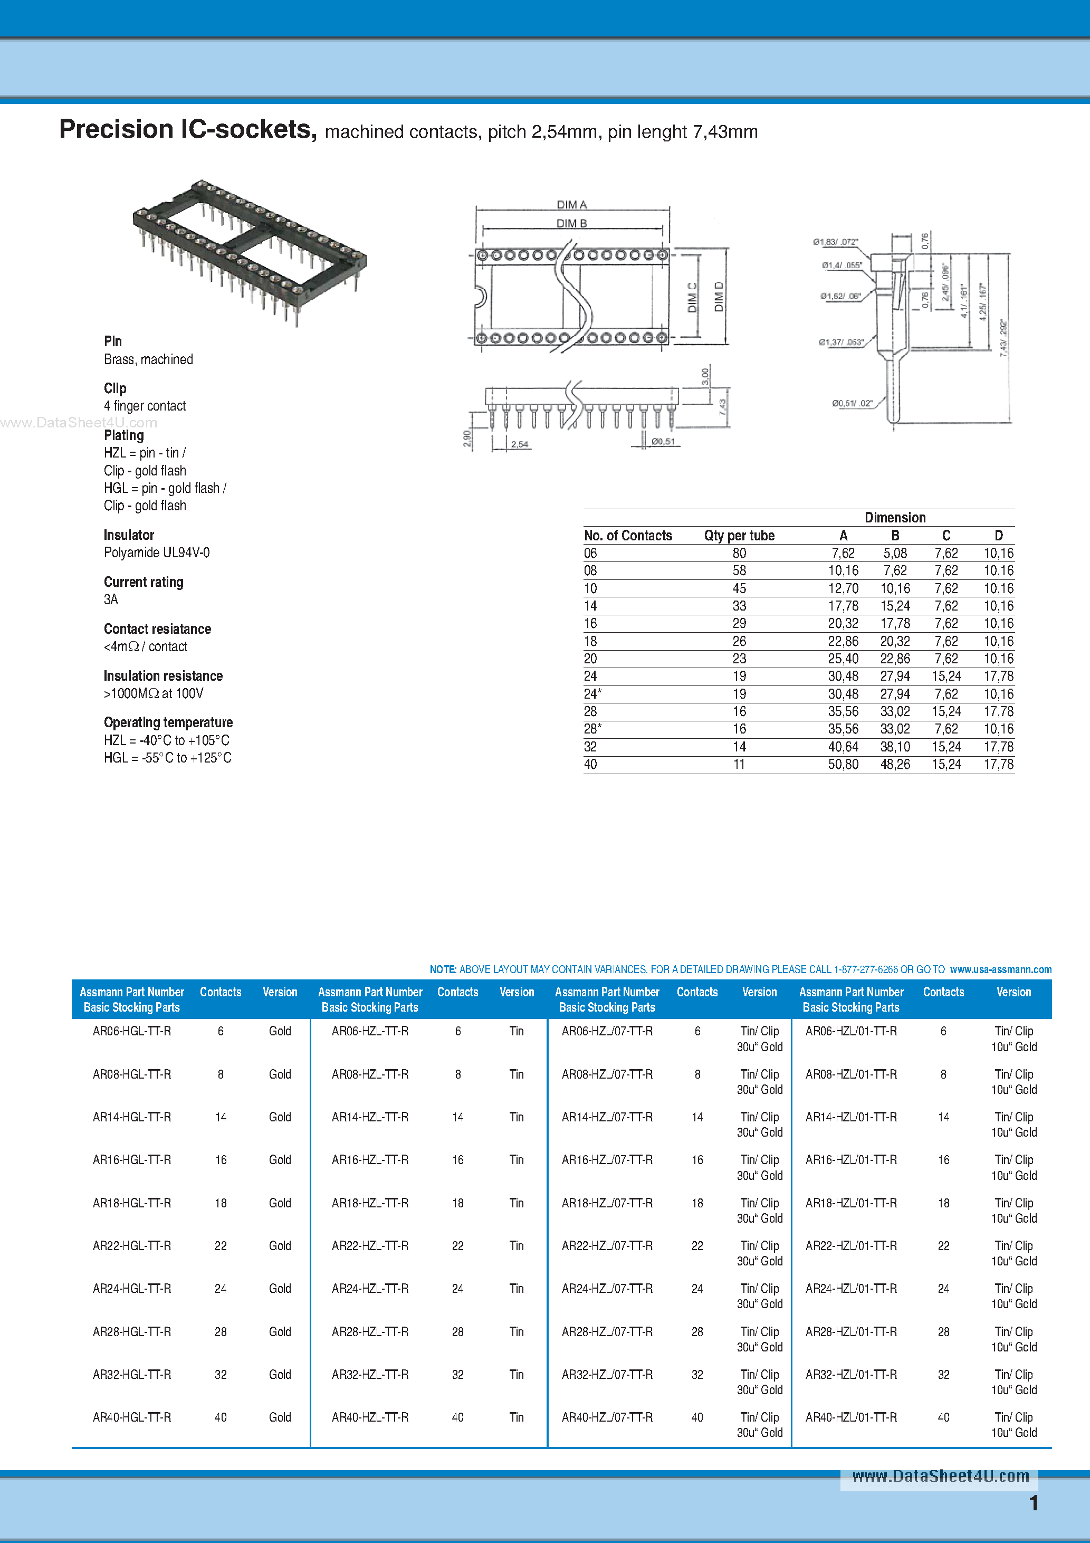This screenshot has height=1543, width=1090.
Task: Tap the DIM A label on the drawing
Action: [571, 204]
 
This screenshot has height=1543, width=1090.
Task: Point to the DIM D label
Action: [719, 297]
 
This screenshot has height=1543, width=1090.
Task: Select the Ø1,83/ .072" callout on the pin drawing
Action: [835, 242]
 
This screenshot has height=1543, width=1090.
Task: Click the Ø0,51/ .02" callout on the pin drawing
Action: [852, 403]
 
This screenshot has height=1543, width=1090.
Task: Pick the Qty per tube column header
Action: [739, 536]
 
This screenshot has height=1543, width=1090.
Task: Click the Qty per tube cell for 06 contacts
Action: [739, 553]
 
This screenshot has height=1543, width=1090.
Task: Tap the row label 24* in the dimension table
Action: [592, 693]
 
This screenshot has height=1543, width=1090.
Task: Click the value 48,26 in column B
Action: [895, 764]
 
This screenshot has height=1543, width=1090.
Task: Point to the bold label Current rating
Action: [143, 582]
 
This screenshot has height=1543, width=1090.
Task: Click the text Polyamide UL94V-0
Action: [157, 553]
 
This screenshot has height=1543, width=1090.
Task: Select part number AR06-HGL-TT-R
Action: [132, 1031]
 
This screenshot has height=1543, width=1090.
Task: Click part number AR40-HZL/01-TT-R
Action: [851, 1417]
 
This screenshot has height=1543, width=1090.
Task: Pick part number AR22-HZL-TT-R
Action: [370, 1245]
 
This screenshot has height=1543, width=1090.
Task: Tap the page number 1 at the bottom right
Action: [1034, 1503]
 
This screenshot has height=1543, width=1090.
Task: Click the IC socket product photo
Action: [248, 252]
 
